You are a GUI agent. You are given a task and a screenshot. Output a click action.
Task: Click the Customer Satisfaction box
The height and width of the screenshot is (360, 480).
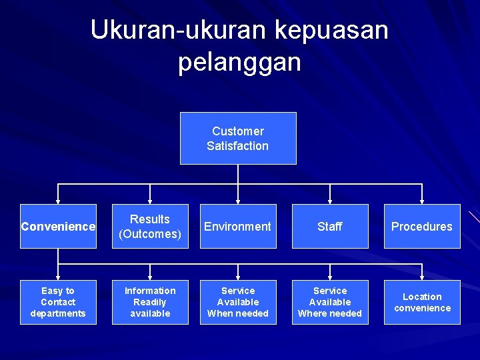click(238, 138)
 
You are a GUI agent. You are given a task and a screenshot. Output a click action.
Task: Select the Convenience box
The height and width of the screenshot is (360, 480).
click(58, 227)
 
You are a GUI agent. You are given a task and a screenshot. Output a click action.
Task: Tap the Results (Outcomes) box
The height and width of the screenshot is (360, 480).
click(150, 227)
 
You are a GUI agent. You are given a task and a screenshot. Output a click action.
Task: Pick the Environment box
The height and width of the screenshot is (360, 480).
click(238, 227)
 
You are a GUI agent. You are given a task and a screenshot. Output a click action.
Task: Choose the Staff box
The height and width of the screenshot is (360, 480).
click(330, 227)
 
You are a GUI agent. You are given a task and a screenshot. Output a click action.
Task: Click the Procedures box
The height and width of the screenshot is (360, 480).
click(422, 227)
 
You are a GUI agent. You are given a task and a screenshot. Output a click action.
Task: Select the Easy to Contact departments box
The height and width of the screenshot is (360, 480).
click(58, 302)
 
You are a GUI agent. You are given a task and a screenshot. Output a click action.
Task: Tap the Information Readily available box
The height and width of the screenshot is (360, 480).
click(150, 302)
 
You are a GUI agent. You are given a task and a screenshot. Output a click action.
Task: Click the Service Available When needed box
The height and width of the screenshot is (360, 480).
click(238, 302)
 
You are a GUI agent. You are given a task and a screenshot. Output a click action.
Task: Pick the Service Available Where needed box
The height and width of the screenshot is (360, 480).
click(330, 302)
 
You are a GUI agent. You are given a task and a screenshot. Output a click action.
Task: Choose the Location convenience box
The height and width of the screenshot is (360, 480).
click(422, 302)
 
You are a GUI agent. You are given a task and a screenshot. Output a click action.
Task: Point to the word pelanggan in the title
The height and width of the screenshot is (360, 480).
click(239, 62)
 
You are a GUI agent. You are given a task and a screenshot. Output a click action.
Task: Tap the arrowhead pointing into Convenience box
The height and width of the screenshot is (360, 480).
click(58, 201)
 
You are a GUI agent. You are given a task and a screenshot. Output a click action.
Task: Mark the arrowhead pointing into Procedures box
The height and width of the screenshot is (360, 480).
click(422, 201)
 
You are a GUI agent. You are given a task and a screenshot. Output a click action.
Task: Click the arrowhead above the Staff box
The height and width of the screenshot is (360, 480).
click(330, 201)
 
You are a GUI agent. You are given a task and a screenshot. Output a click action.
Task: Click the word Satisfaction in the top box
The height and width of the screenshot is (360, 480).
click(238, 146)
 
